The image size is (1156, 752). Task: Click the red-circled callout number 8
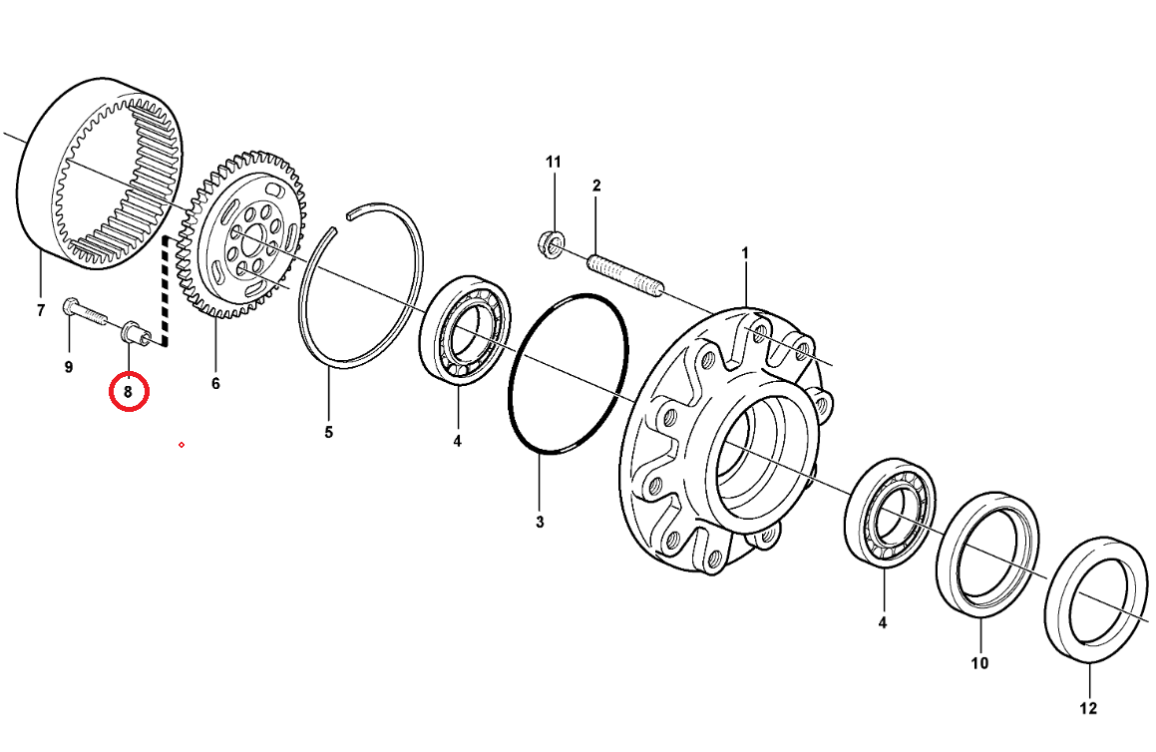coord(129,392)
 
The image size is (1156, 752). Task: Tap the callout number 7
coord(41,311)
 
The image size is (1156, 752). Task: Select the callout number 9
coord(69,366)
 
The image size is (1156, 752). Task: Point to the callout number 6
coord(215,383)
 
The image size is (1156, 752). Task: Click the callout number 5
coord(329,432)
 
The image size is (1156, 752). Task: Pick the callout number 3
coord(540,522)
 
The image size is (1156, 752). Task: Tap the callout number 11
coord(553,162)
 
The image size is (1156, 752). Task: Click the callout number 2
coord(596,186)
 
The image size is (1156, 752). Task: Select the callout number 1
coord(745,253)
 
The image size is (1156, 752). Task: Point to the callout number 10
coord(979,663)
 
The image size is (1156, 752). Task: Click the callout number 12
coord(1088,708)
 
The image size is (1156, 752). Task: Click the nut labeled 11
coord(551,241)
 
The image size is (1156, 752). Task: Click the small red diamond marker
coord(182,445)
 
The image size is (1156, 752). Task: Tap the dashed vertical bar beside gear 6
coord(167,291)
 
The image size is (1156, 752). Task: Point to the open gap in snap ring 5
coord(342,222)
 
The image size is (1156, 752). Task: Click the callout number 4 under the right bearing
coord(883,623)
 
